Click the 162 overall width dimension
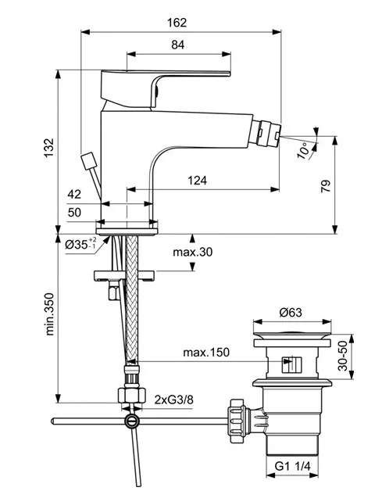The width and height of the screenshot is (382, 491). coord(177,23)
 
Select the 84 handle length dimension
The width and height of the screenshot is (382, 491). coord(177,45)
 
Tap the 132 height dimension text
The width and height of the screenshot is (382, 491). coord(48,148)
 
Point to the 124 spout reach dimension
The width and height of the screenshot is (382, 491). coord(197,181)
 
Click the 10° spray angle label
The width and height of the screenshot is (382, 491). coord(303,150)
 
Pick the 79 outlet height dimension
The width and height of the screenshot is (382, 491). coord(326,186)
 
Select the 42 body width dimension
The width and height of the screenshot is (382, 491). coord(74,195)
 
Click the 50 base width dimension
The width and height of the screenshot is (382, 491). coord(74,213)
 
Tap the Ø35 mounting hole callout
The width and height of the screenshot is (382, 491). coord(80,244)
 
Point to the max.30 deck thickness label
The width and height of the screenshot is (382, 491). coord(192,252)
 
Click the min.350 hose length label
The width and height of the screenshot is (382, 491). coord(49,314)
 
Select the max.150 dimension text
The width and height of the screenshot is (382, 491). coord(206,353)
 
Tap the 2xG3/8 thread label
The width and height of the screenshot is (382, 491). coord(174,400)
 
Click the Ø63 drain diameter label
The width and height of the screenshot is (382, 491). coord(291,312)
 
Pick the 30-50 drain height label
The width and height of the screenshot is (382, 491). coord(343,356)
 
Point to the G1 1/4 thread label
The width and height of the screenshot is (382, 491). coord(292,466)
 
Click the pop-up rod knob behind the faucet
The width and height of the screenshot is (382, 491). coord(88,160)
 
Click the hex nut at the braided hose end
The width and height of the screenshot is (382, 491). coord(132,395)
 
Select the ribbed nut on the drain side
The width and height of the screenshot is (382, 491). coord(237,421)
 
